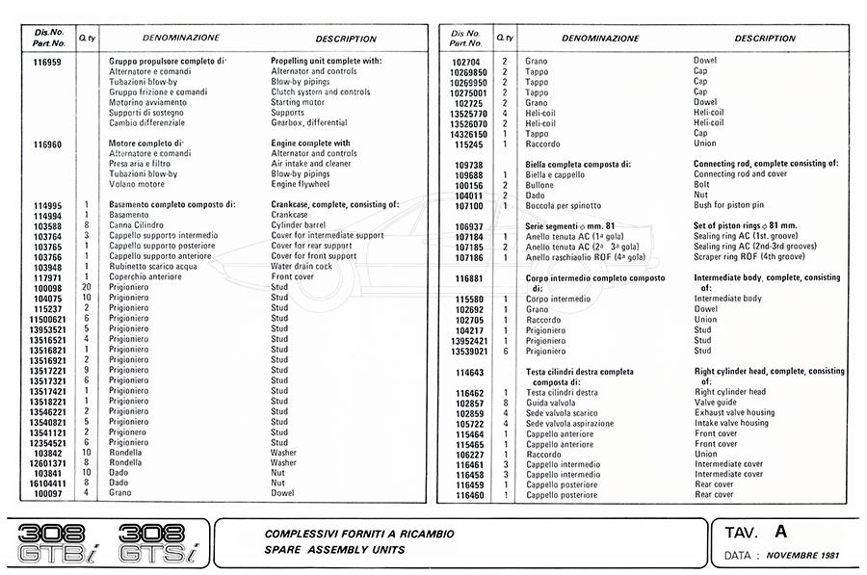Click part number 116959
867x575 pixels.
tap(46, 61)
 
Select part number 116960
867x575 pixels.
tap(46, 144)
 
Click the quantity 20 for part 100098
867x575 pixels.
tap(87, 287)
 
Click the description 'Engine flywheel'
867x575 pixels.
tap(302, 184)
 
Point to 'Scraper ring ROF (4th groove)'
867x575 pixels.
tap(750, 257)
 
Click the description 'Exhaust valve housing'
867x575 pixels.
tap(734, 413)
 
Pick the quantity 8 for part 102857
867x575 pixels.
tap(505, 403)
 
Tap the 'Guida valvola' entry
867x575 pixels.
tap(550, 403)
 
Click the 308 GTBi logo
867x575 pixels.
tap(58, 543)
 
